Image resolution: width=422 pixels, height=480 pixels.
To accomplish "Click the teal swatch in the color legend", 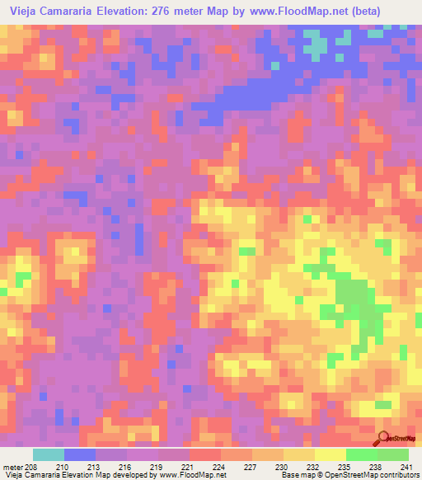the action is click(x=49, y=454).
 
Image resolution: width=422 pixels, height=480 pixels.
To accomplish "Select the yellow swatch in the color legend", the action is click(x=331, y=454).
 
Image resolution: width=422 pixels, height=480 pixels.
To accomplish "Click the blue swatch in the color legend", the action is click(x=80, y=454).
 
